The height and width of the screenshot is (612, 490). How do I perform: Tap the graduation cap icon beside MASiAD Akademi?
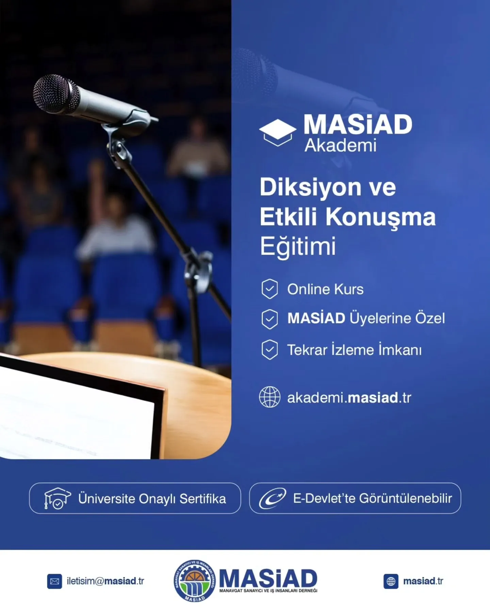277,133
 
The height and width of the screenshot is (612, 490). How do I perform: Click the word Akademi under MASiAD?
340,146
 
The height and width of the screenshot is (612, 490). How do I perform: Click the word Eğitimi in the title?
298,246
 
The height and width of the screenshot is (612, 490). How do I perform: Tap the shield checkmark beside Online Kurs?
269,289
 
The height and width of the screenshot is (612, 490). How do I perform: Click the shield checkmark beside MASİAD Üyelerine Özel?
269,319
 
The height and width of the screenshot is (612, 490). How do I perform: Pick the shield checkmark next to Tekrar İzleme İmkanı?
269,350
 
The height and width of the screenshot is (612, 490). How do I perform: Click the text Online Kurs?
325,289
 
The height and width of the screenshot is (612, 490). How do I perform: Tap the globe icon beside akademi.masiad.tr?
269,397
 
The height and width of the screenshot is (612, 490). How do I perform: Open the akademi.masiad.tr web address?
349,397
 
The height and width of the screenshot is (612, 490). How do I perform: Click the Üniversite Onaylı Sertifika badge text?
152,499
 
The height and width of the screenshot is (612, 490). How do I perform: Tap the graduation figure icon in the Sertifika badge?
57,498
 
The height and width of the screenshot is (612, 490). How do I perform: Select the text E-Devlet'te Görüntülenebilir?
372,498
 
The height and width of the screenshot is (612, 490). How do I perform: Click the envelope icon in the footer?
54,581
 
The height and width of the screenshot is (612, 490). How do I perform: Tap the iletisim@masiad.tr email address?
105,581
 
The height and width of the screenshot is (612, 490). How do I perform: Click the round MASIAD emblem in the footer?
195,581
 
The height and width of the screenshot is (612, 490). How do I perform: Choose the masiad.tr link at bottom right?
423,581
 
